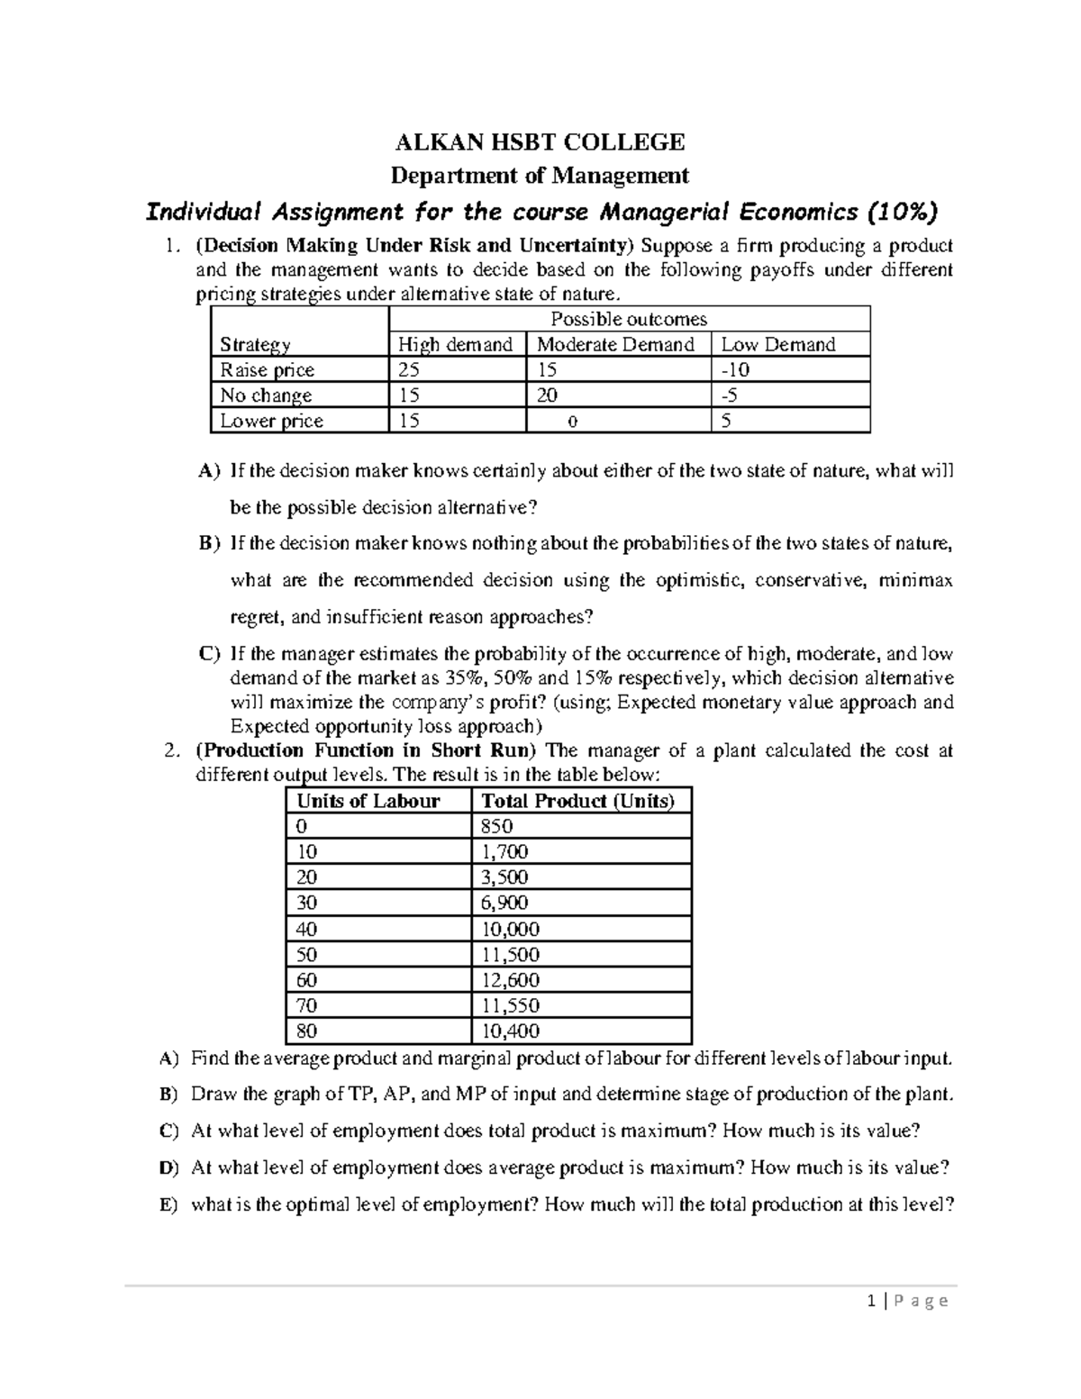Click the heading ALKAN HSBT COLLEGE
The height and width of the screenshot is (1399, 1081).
pos(540,142)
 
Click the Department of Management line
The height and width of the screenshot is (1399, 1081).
pos(540,175)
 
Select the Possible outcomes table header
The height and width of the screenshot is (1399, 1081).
pos(628,319)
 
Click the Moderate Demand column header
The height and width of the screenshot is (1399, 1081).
pos(615,344)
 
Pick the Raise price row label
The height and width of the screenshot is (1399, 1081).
pos(268,369)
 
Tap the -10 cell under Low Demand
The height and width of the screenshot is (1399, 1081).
pos(735,369)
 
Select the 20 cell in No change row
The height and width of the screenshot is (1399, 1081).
pos(547,395)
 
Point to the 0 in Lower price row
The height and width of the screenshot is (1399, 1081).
pos(574,421)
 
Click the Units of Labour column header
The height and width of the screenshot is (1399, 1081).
pos(368,801)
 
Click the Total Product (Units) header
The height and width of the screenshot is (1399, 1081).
pos(577,801)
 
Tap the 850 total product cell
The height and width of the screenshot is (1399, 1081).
pos(497,826)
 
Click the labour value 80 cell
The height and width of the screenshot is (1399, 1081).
pos(307,1031)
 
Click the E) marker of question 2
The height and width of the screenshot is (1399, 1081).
pos(168,1205)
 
